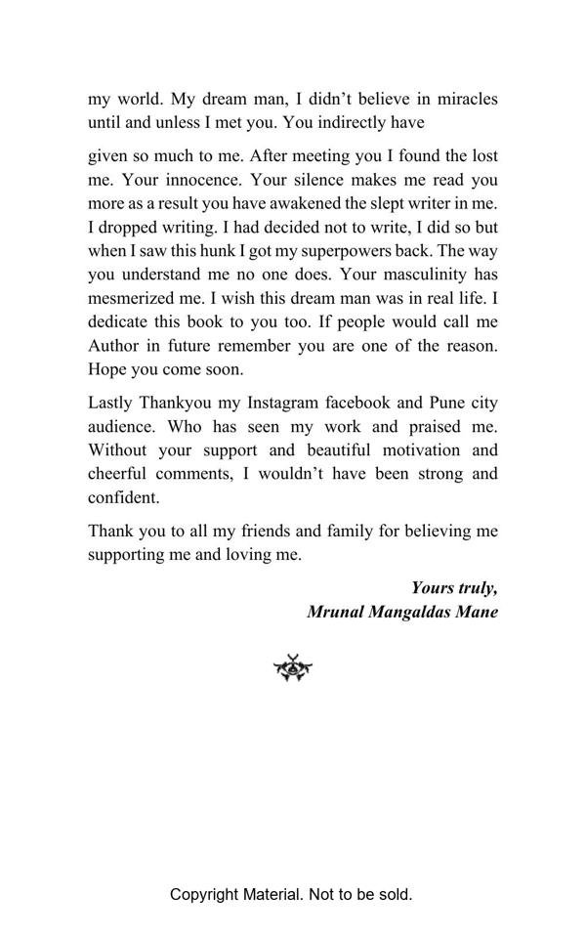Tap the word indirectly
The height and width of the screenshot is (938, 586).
(x=392, y=123)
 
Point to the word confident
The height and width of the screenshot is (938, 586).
(x=124, y=497)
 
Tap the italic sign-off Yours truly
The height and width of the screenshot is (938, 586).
(x=454, y=587)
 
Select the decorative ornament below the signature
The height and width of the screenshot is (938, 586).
(x=292, y=669)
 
